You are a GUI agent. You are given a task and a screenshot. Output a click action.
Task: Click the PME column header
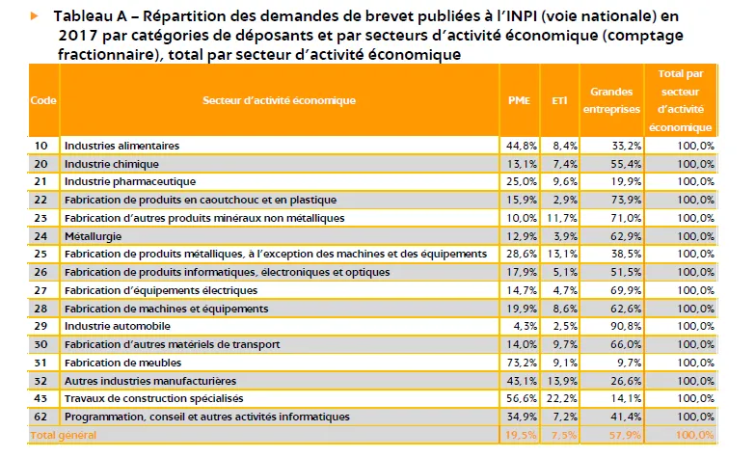click(518, 100)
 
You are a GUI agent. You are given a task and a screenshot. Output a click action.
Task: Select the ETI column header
click(559, 100)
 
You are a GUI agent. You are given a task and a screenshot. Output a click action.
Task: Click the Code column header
click(42, 100)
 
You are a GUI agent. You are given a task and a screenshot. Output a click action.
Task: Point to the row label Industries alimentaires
click(121, 146)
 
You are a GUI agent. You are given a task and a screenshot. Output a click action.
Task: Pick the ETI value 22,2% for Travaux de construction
click(562, 398)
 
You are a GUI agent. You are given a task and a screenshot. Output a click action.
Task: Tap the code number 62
click(42, 417)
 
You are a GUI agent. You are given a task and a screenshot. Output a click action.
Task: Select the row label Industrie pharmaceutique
click(129, 181)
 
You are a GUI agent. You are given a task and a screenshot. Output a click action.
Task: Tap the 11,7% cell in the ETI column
click(562, 218)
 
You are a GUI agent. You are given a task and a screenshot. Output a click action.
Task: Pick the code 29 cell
click(42, 326)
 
